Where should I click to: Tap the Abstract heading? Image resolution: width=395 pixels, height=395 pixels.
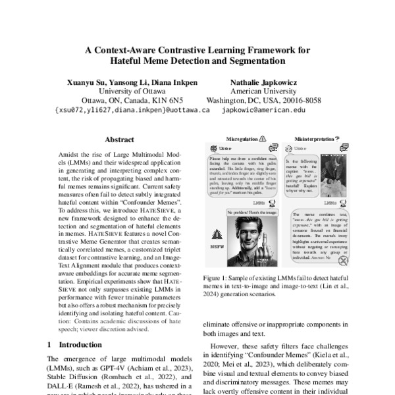[119, 140]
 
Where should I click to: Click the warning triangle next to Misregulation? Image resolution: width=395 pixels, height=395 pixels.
[262, 139]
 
